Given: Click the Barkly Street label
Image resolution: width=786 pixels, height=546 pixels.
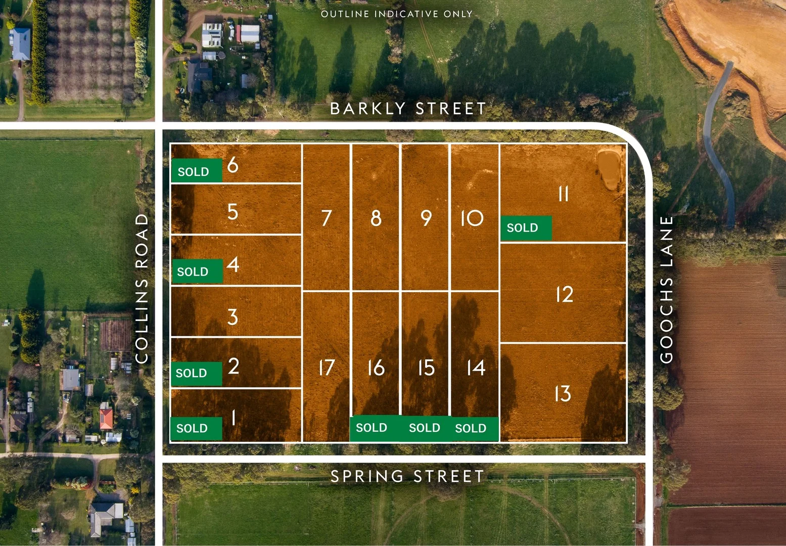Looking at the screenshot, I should tap(407, 109).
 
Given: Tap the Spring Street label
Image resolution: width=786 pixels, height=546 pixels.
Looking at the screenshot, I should tap(407, 476).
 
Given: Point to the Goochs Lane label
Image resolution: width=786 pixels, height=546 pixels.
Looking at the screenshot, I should tap(667, 289).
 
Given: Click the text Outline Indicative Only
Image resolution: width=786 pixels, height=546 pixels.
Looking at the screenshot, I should tap(396, 14).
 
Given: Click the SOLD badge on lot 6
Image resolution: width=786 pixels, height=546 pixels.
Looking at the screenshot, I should tap(196, 171).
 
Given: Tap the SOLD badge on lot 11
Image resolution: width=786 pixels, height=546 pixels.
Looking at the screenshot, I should tap(525, 228).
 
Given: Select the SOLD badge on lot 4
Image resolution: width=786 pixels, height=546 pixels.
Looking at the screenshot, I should tap(197, 271).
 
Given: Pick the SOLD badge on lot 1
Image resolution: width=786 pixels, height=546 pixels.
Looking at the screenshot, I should tap(196, 428).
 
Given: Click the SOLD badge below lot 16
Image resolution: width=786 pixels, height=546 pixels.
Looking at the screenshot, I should tap(372, 428).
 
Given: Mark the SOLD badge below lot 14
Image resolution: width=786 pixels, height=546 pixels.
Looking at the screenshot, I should tap(472, 428).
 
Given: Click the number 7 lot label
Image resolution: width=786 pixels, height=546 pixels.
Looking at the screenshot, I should tap(327, 218).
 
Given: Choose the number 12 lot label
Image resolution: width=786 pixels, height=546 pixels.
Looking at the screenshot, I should tap(564, 294).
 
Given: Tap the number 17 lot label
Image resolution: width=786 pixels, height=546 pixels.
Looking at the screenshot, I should tap(327, 368).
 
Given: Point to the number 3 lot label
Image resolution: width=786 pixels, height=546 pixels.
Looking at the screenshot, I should tap(233, 317).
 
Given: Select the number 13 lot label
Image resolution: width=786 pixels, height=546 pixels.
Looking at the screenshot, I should tap(563, 394).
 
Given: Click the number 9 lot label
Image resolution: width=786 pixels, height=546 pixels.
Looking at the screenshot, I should tap(426, 218).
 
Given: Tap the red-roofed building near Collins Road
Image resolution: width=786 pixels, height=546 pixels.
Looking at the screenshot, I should tap(106, 419).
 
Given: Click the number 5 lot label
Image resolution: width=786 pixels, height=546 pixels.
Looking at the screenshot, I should tap(233, 212).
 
